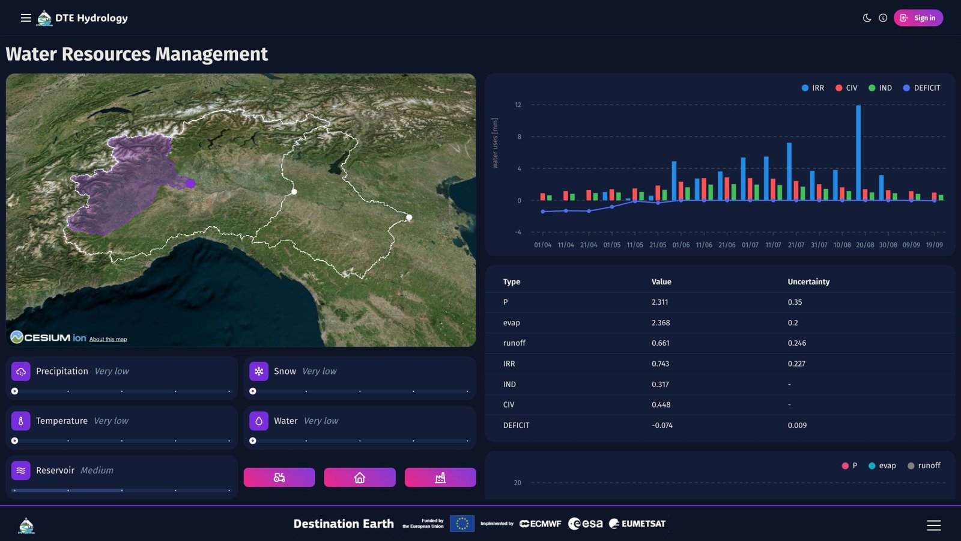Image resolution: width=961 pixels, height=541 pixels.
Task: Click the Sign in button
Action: coord(918,18)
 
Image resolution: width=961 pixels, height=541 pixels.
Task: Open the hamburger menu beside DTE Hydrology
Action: coord(26,18)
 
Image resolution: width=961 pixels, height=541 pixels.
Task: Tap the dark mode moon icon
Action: coord(867,18)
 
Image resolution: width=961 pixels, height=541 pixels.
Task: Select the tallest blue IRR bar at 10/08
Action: coord(858,153)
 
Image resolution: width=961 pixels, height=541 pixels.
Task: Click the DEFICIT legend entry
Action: coord(921,88)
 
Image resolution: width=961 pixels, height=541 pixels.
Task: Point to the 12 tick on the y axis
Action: coord(518,105)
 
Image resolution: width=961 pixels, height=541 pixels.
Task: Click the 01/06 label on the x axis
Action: coord(681,245)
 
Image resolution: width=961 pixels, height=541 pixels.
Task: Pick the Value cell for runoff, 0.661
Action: coord(660,343)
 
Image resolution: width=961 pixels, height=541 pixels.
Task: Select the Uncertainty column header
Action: coord(808,282)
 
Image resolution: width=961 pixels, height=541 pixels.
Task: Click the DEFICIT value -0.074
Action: coord(662,426)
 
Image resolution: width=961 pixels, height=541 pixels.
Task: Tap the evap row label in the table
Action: coord(511,323)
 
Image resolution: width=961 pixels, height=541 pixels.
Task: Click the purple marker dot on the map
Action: coord(190,183)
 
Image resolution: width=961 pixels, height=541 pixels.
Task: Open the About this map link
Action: coord(108,340)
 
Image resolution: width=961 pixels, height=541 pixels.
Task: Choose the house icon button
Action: coord(360,477)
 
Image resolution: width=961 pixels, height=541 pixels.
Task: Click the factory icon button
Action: coord(440,477)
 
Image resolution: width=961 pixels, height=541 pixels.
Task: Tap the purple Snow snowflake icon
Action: coord(259,371)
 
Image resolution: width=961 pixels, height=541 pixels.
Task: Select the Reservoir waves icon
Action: coord(21,471)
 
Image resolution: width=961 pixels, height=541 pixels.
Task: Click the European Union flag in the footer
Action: coord(462,524)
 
